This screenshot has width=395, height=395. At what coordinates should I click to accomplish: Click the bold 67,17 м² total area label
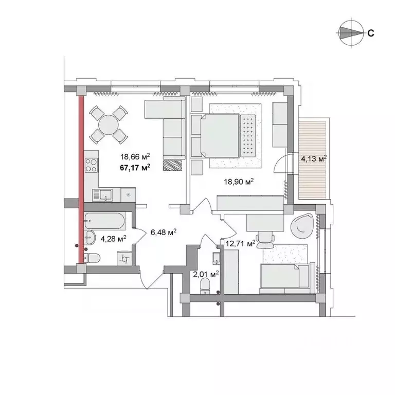point(135,167)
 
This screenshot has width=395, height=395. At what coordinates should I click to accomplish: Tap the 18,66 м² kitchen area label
point(135,158)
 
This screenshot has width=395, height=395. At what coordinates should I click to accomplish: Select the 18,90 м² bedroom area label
point(238,181)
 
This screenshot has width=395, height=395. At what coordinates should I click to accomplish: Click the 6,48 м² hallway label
point(164,232)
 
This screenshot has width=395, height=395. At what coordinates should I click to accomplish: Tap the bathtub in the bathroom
point(105,221)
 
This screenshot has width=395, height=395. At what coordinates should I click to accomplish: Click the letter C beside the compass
point(370,33)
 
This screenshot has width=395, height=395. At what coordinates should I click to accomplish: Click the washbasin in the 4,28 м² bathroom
point(90,237)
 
